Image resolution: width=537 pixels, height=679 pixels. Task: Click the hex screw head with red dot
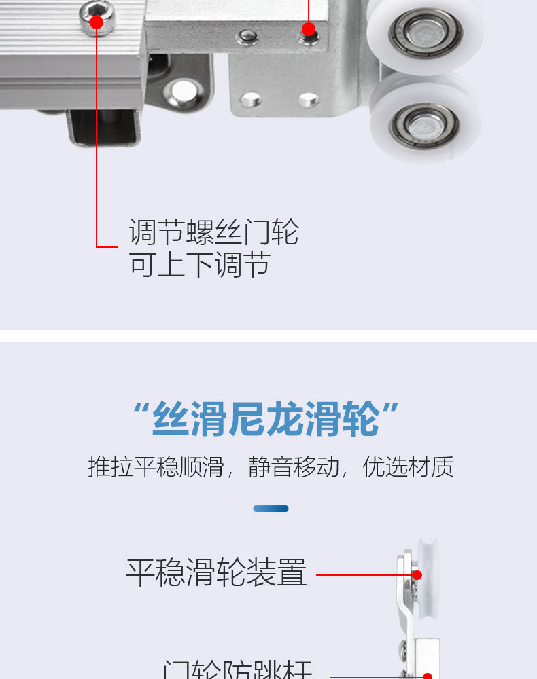pos(97,22)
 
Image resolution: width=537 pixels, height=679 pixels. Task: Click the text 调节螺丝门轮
pos(213,233)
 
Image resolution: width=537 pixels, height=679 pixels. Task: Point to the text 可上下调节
pos(199,264)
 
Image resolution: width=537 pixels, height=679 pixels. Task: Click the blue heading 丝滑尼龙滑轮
pos(266,419)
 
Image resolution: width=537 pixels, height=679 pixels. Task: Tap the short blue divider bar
pos(271,508)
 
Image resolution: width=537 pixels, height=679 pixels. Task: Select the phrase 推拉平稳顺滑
pos(156,467)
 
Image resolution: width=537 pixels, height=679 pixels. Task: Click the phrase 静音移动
pos(293,467)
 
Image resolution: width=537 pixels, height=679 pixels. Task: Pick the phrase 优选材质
pos(408,467)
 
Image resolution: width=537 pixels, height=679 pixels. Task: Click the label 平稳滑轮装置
pos(216,573)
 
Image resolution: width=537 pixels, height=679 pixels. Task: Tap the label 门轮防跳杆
pos(238,669)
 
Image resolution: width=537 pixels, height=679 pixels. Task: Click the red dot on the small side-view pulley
pos(417,575)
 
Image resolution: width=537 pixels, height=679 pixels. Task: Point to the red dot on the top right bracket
pos(309,29)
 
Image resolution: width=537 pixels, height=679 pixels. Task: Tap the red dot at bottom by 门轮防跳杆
pos(428,676)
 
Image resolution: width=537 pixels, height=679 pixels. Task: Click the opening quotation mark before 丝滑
pos(141,411)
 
